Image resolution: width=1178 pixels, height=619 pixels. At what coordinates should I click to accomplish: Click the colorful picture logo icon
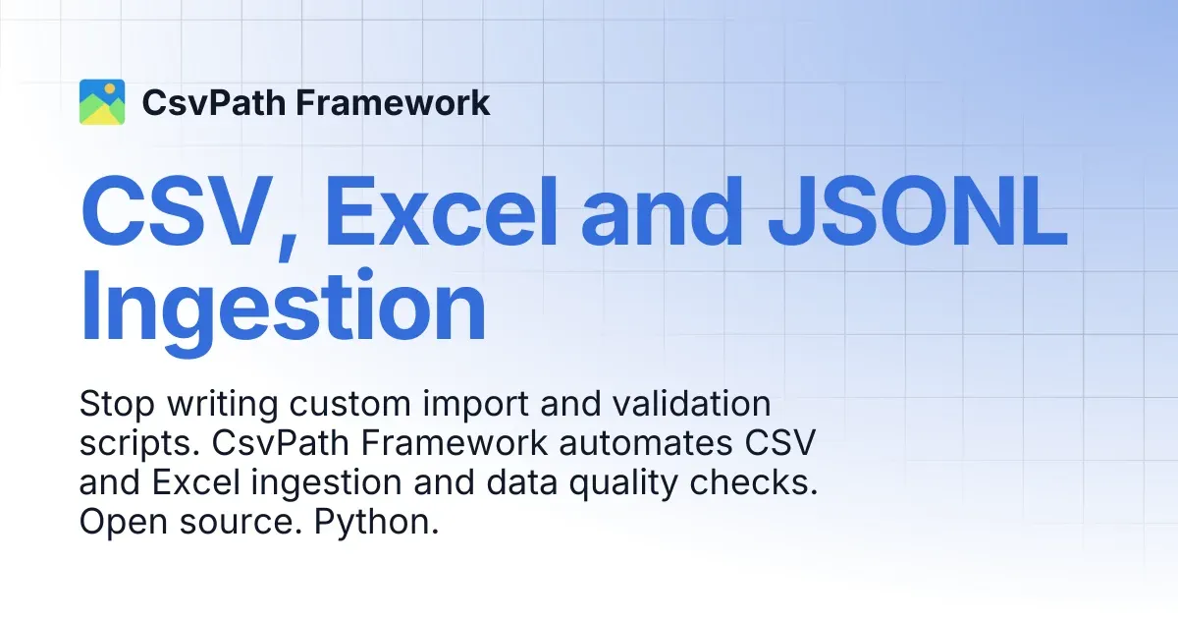[x=102, y=102]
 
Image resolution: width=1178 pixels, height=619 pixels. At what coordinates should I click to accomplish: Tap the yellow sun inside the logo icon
[x=110, y=89]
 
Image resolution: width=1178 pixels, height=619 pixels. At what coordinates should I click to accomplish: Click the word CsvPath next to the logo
[x=214, y=102]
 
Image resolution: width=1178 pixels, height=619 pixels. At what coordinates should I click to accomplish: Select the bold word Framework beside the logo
[x=393, y=102]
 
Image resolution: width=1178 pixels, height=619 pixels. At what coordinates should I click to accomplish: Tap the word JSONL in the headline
[x=918, y=211]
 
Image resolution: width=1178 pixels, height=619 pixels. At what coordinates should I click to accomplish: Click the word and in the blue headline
[x=661, y=211]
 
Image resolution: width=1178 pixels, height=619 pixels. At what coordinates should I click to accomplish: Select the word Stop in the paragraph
[x=117, y=404]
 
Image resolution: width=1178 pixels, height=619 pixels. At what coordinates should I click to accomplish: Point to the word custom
[x=349, y=404]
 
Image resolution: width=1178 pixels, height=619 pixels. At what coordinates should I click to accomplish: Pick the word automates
[x=645, y=444]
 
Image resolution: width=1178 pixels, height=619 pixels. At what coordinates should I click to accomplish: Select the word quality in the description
[x=623, y=484]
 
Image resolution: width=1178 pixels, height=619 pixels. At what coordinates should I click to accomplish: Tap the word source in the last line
[x=241, y=523]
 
